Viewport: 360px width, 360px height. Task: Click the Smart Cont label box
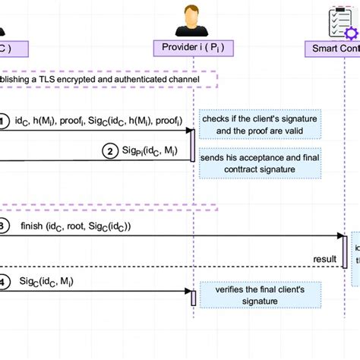[x=333, y=49]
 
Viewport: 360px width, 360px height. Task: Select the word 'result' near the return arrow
[x=325, y=259]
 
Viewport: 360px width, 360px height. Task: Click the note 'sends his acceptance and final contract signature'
[x=260, y=164]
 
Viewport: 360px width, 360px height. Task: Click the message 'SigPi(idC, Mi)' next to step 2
[x=149, y=150]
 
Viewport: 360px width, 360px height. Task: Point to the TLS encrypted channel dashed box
[x=106, y=79]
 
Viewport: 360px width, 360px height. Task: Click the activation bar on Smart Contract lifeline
[x=345, y=251]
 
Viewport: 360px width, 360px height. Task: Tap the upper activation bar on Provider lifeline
[x=192, y=144]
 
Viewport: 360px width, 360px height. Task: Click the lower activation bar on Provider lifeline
[x=192, y=297]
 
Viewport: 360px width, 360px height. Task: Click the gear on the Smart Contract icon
[x=350, y=33]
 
